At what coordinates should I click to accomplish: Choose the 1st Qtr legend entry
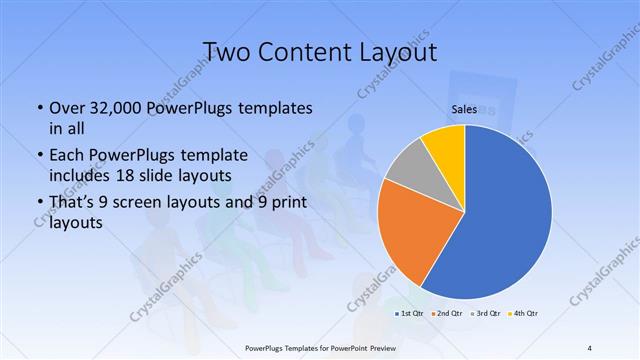click(x=408, y=314)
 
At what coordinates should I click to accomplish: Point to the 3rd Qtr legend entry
click(x=487, y=314)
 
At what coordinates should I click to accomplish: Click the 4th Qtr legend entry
click(x=524, y=314)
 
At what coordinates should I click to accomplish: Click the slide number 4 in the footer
click(x=590, y=348)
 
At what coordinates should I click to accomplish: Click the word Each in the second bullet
click(x=66, y=155)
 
